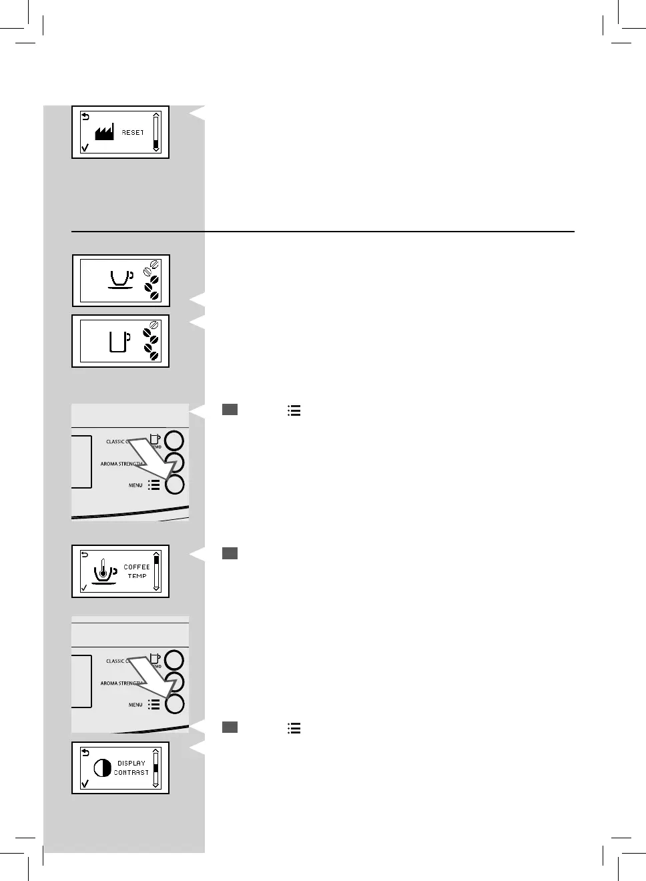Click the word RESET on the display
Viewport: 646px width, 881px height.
pyautogui.click(x=132, y=133)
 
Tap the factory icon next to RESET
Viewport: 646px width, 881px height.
pyautogui.click(x=103, y=132)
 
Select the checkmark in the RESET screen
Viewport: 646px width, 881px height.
pyautogui.click(x=84, y=148)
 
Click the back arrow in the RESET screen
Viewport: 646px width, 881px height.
pyautogui.click(x=85, y=116)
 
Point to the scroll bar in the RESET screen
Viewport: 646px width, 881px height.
pyautogui.click(x=156, y=132)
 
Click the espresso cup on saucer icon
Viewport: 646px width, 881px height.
pyautogui.click(x=120, y=279)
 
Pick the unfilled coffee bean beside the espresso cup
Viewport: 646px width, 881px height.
pyautogui.click(x=154, y=265)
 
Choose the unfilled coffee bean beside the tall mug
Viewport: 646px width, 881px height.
pyautogui.click(x=154, y=325)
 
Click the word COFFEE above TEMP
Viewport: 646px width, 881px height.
pyautogui.click(x=137, y=567)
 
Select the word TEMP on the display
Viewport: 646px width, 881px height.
pyautogui.click(x=137, y=576)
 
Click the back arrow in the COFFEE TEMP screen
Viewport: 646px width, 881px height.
pyautogui.click(x=84, y=555)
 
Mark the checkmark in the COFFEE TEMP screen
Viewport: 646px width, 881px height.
pyautogui.click(x=83, y=588)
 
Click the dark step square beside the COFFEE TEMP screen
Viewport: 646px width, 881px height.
pyautogui.click(x=230, y=553)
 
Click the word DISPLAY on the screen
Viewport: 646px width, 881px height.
pyautogui.click(x=131, y=763)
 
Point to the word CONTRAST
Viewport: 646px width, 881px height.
pyautogui.click(x=131, y=772)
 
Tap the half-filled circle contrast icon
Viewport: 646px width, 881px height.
pyautogui.click(x=102, y=768)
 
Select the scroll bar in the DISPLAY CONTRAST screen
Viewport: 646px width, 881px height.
pyautogui.click(x=156, y=768)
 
